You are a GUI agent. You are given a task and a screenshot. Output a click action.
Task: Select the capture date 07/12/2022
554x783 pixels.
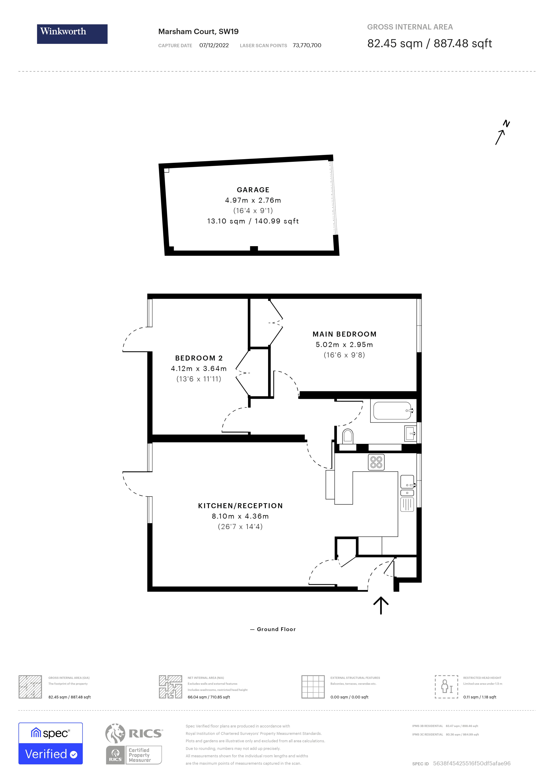[214, 45]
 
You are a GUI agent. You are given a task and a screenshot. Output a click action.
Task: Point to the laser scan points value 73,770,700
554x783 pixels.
[307, 45]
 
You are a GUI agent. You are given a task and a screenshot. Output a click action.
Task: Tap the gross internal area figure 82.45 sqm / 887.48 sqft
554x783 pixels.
[429, 44]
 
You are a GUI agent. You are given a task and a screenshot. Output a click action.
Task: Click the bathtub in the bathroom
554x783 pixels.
[392, 411]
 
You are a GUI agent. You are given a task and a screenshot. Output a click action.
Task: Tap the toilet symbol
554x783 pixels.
[347, 436]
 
